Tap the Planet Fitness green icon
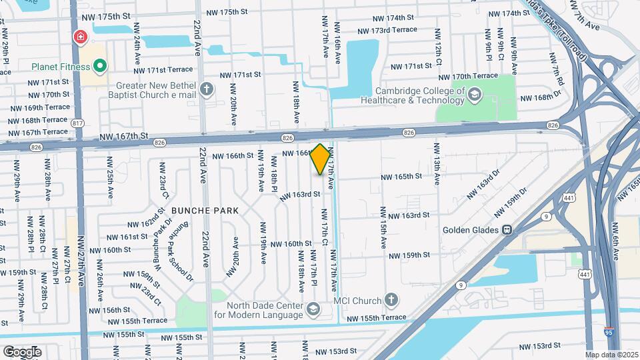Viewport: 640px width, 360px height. (x=100, y=65)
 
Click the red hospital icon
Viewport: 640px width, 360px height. (x=81, y=37)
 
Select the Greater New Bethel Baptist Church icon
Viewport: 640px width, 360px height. (x=207, y=89)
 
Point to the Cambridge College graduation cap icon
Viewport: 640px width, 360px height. (x=475, y=94)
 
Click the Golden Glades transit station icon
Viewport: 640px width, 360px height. (x=507, y=230)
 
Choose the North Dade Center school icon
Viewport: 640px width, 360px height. (x=313, y=309)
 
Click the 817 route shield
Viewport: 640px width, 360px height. (x=79, y=123)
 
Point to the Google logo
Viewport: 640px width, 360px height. (x=21, y=351)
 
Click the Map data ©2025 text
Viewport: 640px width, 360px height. (x=611, y=355)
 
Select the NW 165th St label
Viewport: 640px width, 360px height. (x=401, y=177)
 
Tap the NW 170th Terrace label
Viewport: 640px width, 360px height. (x=475, y=76)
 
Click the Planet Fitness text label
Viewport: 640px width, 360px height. (x=60, y=65)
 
